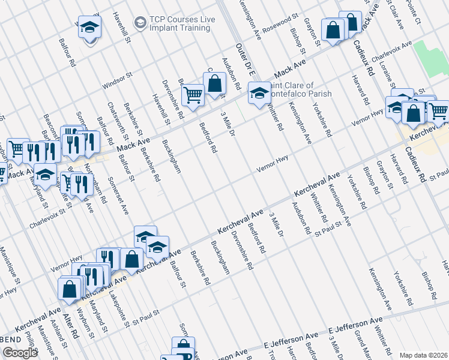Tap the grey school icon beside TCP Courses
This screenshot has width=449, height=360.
pyautogui.click(x=140, y=23)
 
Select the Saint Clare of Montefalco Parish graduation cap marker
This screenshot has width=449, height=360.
pyautogui.click(x=259, y=93)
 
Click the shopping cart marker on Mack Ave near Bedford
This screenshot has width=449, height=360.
pyautogui.click(x=193, y=94)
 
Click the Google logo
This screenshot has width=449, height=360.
pyautogui.click(x=20, y=353)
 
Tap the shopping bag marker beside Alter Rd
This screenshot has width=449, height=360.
pyautogui.click(x=70, y=289)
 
